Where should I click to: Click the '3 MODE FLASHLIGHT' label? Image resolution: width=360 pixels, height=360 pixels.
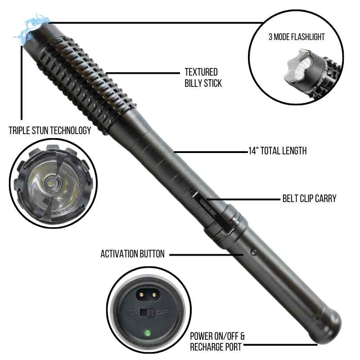click(297, 37)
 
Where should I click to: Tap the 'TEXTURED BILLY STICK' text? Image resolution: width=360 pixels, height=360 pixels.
click(203, 77)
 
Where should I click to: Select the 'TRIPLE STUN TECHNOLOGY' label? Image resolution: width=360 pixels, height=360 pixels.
click(50, 130)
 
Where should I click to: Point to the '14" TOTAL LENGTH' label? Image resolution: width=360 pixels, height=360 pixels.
click(277, 151)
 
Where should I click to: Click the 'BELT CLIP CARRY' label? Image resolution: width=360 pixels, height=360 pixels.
click(309, 198)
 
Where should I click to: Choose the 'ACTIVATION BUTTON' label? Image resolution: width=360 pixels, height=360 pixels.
click(132, 254)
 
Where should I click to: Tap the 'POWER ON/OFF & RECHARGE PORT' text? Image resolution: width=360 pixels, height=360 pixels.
click(217, 342)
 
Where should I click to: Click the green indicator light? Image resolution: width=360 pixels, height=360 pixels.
click(147, 333)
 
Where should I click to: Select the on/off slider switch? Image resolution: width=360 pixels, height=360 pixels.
click(148, 312)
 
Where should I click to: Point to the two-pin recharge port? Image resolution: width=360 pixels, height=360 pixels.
click(148, 294)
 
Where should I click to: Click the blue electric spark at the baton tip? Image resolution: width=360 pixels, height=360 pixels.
click(32, 29)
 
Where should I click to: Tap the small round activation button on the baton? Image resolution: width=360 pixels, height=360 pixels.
click(253, 252)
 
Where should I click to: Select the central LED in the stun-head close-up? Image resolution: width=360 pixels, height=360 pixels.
click(50, 183)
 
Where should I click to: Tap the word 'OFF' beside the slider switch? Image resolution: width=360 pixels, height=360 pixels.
click(163, 312)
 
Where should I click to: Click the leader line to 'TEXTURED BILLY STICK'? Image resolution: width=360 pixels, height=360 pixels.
click(143, 73)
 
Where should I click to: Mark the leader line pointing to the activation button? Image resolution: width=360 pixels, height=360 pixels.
click(206, 255)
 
